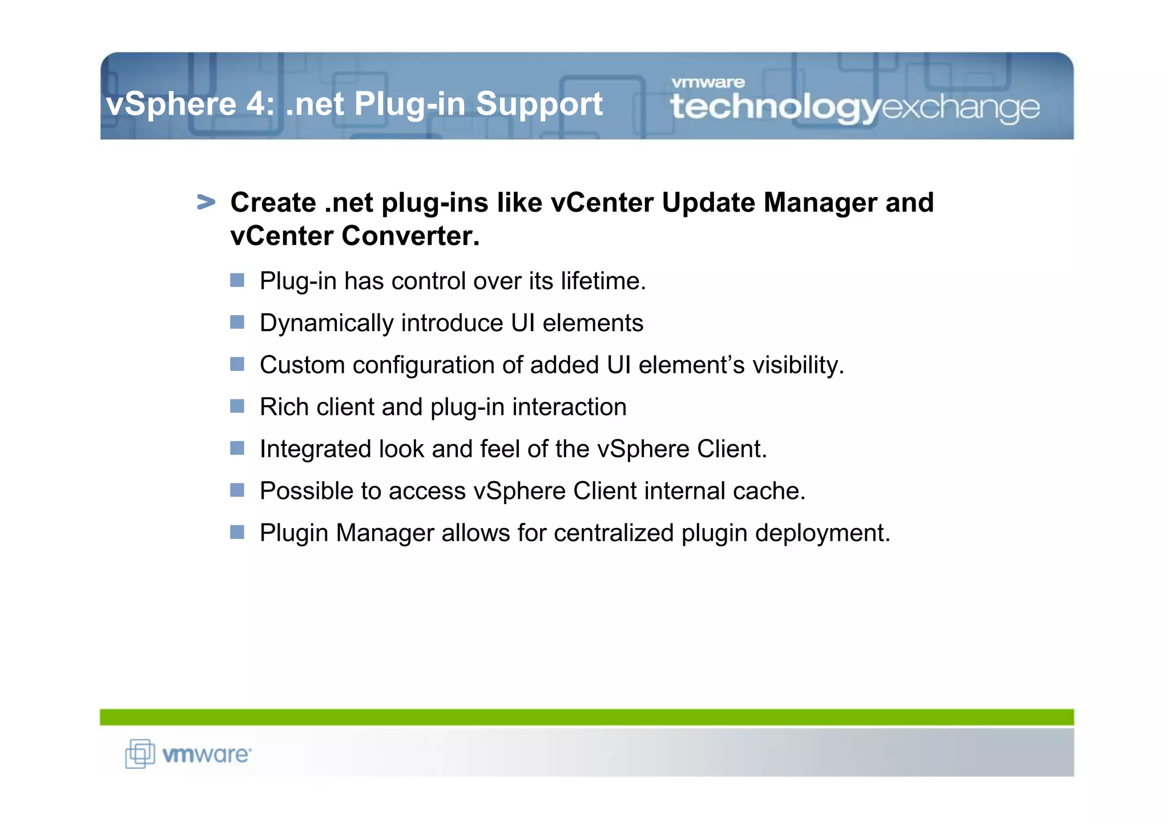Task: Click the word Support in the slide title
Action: [x=539, y=104]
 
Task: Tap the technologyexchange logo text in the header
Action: [x=854, y=107]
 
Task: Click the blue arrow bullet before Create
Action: [x=206, y=202]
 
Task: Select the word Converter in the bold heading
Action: [x=410, y=236]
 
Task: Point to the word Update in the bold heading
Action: [x=708, y=203]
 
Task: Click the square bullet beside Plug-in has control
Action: [x=237, y=280]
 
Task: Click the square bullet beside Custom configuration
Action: [x=237, y=364]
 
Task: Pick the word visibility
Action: [x=798, y=365]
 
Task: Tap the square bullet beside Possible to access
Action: [x=237, y=490]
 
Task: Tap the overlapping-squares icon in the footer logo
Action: [x=140, y=754]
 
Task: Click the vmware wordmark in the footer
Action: [x=206, y=755]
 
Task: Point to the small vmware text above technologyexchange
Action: [x=708, y=83]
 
